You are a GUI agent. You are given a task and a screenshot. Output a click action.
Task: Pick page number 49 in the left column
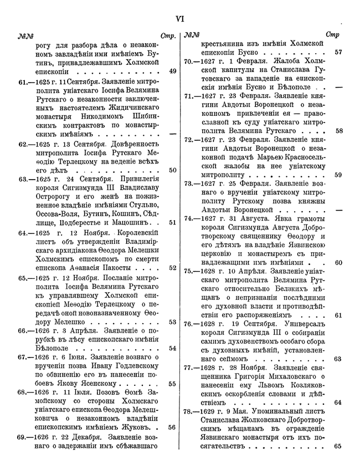pyautogui.click(x=172, y=71)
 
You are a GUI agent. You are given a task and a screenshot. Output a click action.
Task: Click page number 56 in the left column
pyautogui.click(x=172, y=427)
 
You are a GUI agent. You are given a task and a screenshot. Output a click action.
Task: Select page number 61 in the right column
pyautogui.click(x=338, y=315)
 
